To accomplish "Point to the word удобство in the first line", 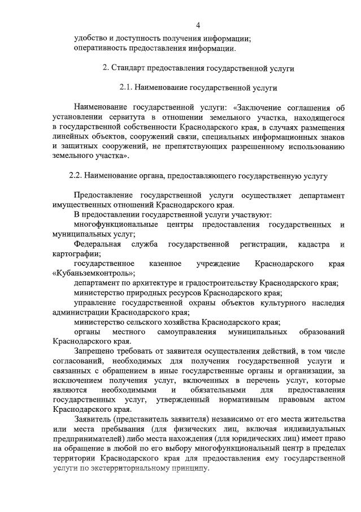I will pyautogui.click(x=90, y=38).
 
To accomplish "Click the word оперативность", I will pyautogui.click(x=101, y=48).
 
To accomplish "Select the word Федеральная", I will pyautogui.click(x=97, y=244).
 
